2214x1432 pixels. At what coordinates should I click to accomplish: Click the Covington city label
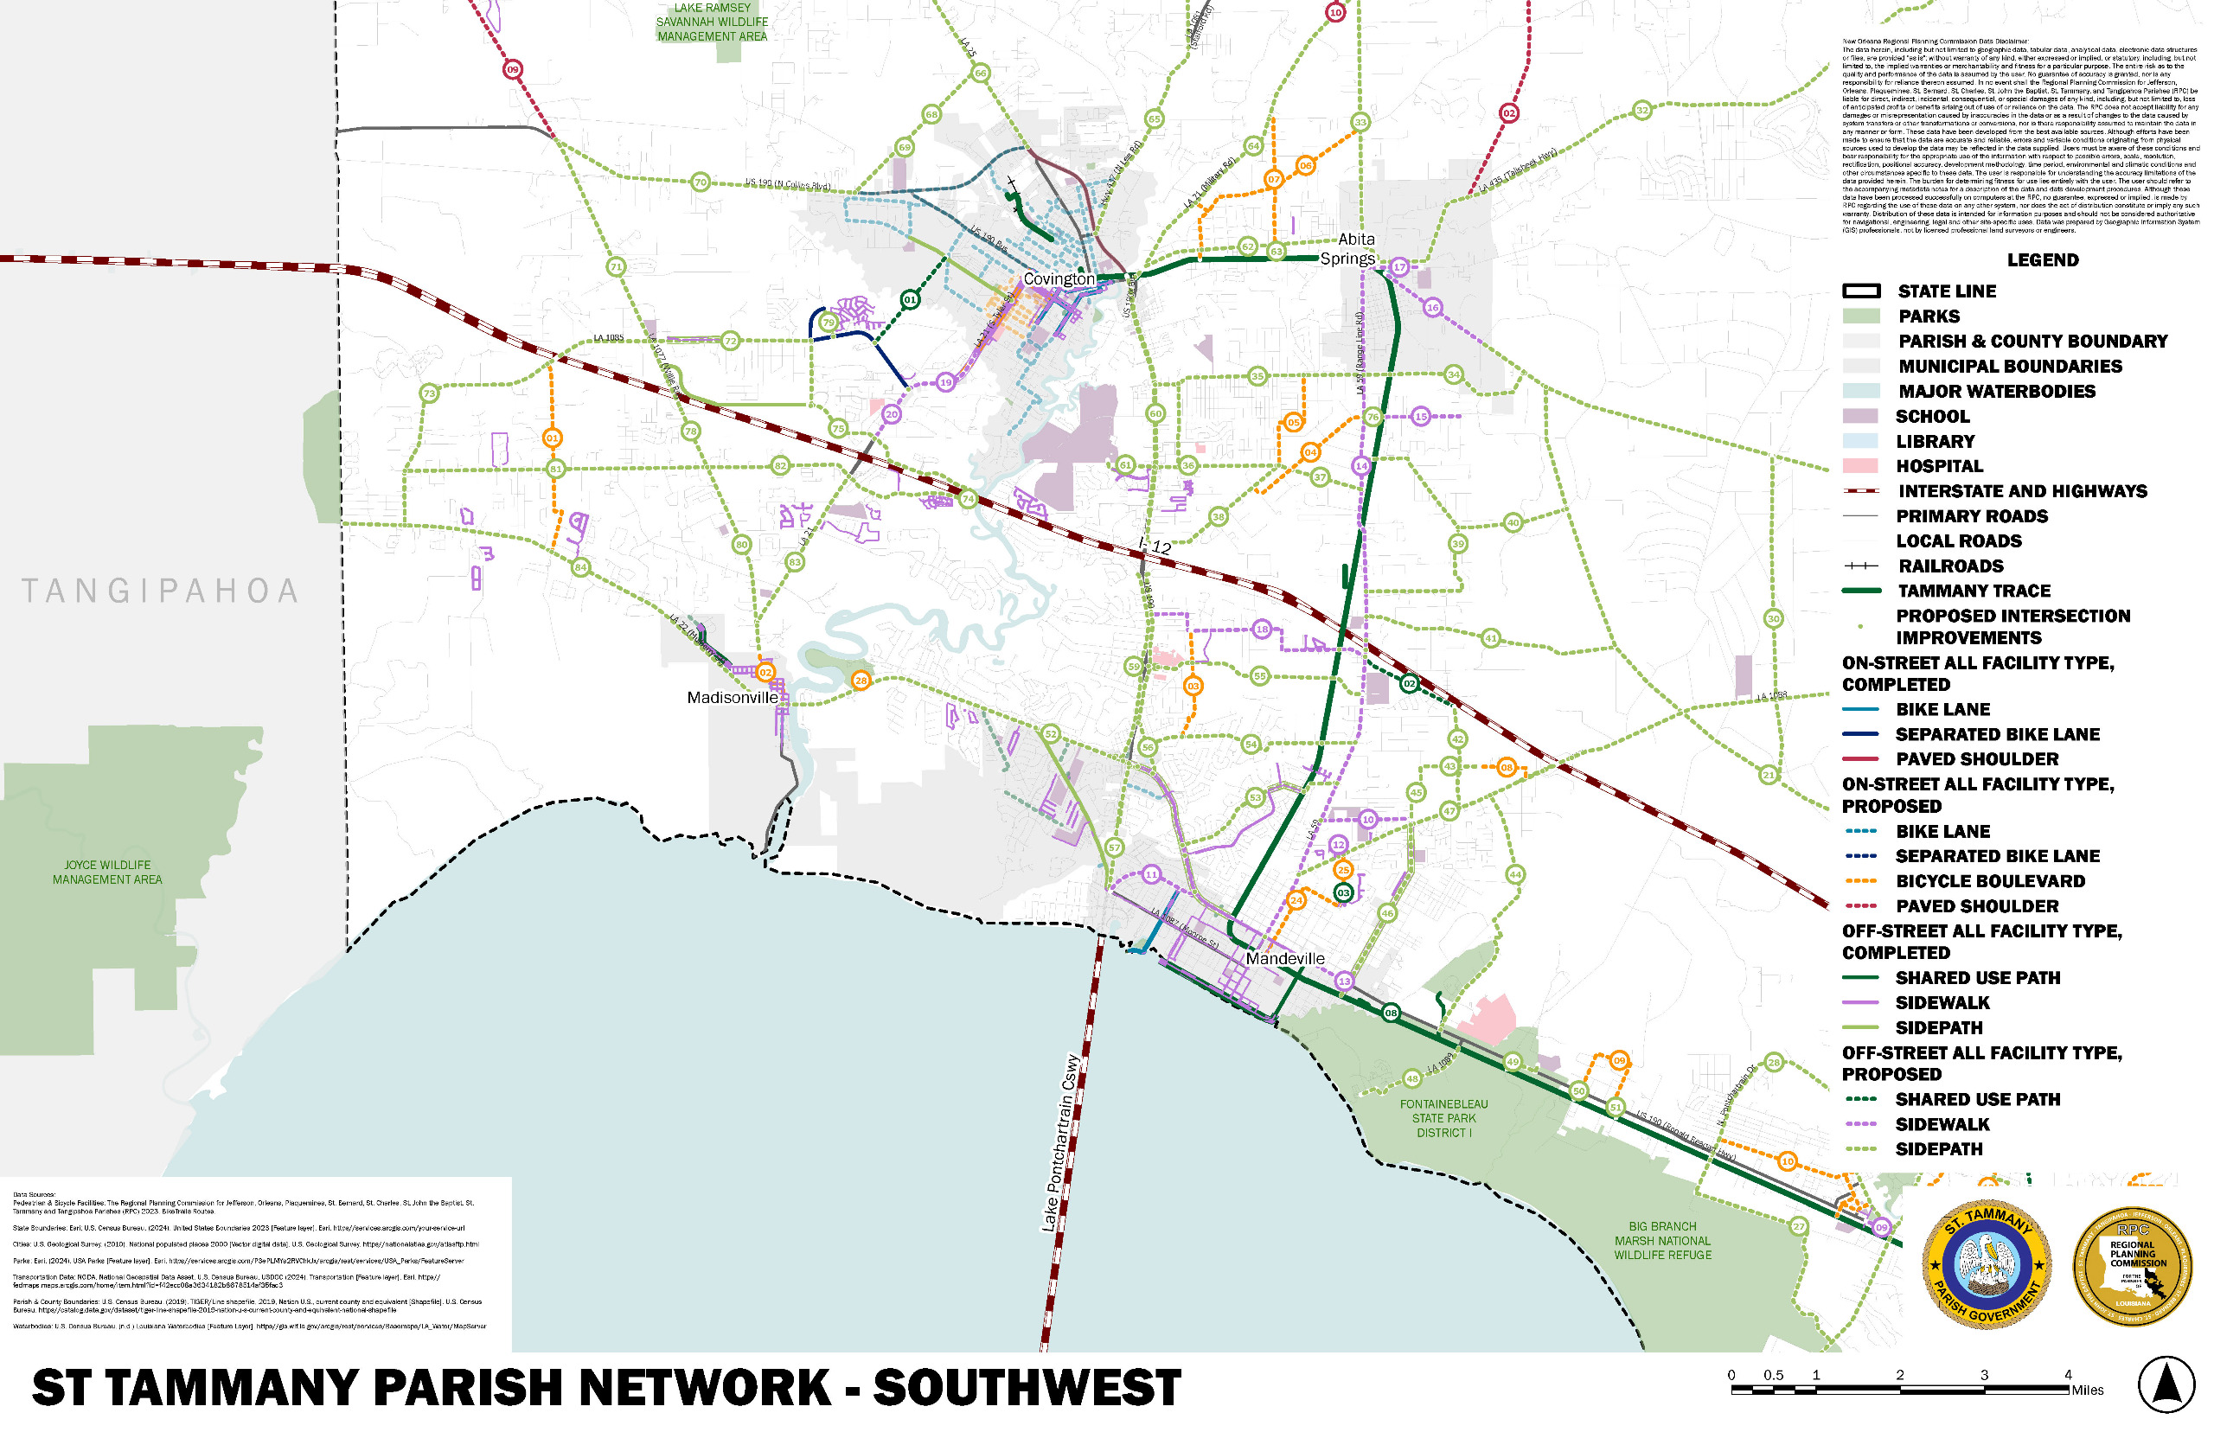pos(1059,279)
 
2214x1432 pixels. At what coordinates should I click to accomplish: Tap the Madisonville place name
pos(732,697)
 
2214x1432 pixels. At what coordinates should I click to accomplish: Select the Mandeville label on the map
pos(1284,959)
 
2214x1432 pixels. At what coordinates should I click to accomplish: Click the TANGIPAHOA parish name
pos(160,591)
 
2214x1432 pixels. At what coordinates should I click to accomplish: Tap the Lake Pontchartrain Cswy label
pos(1061,1144)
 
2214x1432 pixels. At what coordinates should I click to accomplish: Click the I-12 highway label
pos(1155,546)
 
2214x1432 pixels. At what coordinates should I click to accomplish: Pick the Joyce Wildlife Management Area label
pos(107,873)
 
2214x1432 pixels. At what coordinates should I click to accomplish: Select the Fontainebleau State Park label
pos(1443,1119)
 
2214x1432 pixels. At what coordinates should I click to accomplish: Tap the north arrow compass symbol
pos(2166,1384)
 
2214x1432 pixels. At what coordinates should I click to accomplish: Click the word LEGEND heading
pos(2042,260)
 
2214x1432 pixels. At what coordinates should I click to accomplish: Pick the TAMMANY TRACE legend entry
pos(1974,591)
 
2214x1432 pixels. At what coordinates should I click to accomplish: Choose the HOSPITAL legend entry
pos(1939,466)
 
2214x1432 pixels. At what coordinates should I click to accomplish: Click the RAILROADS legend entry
pos(1950,566)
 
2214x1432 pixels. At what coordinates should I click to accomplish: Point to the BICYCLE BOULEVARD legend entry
pos(1989,880)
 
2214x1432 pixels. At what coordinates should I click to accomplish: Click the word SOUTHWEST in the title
pos(1027,1388)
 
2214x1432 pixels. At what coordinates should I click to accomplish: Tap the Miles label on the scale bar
pos(2087,1390)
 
